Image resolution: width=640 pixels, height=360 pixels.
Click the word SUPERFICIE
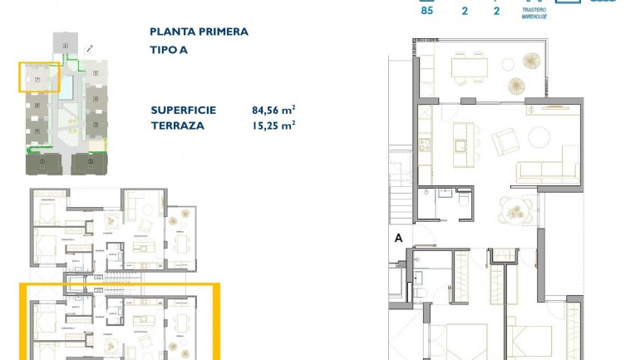pos(184,110)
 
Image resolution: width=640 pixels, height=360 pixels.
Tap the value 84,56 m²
pos(273,110)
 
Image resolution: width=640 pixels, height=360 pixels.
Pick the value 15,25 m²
pos(273,126)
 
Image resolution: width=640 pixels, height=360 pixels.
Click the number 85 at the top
pos(427,11)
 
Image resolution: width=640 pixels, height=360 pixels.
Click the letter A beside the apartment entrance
pos(398,238)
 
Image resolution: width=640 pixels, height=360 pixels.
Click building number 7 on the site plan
pos(37,80)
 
